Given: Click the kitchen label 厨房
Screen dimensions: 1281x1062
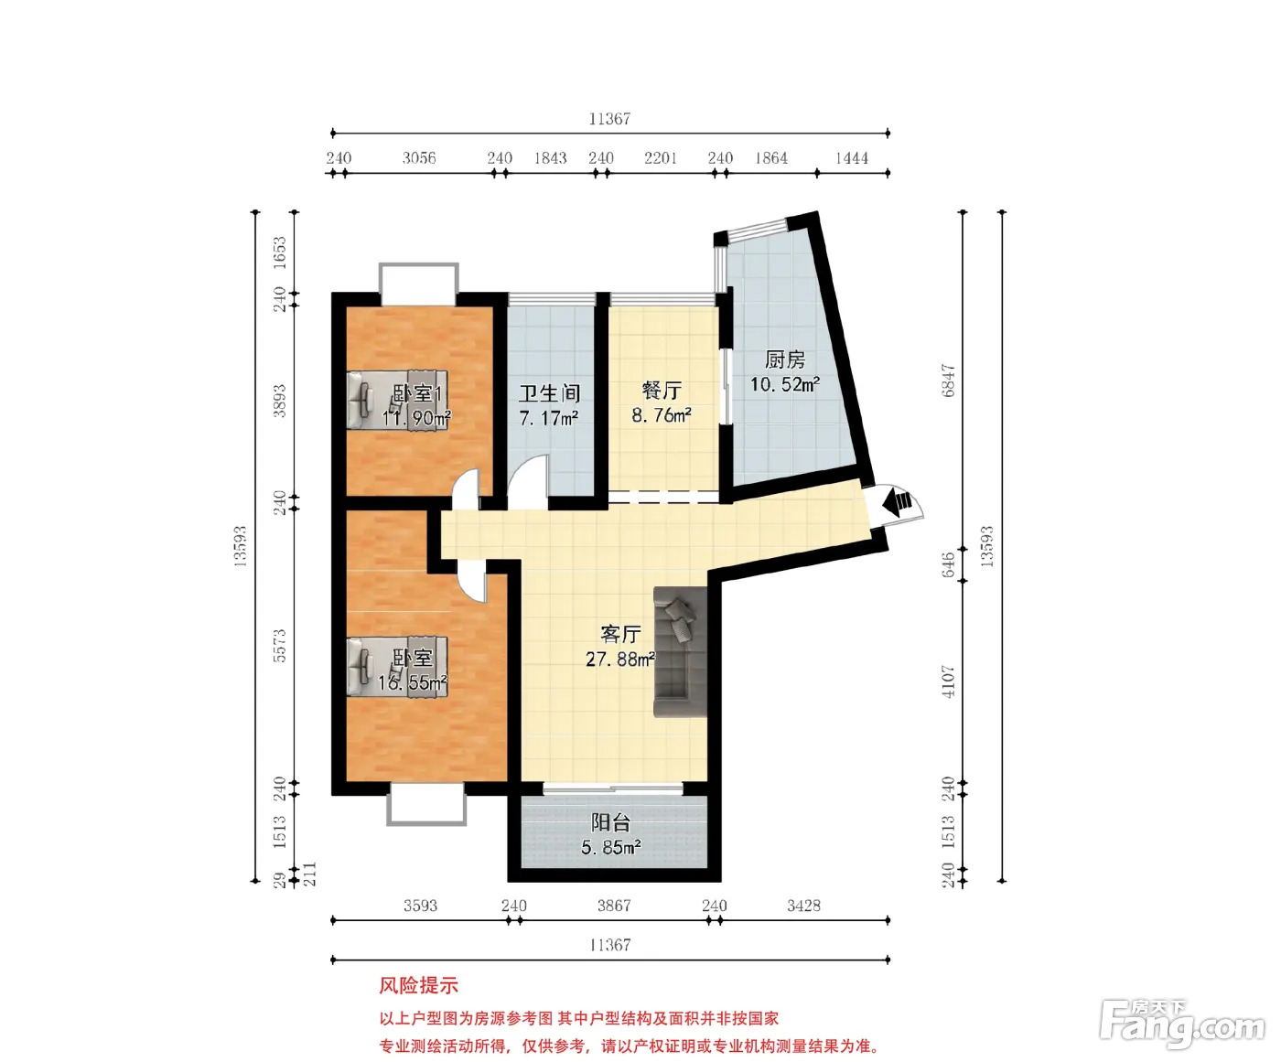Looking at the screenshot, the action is click(785, 359).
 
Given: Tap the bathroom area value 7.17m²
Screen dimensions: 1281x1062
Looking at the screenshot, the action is click(549, 418).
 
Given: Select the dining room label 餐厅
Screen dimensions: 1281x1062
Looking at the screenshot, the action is click(662, 391).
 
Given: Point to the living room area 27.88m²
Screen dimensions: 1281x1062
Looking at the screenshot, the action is click(620, 659).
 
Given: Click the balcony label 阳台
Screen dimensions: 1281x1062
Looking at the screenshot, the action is click(610, 822).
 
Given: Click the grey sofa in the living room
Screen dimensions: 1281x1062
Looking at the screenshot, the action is click(681, 651).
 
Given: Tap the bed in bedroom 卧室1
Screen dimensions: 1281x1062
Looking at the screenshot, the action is click(397, 400).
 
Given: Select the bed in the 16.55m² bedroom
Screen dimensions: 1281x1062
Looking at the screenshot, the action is click(397, 666).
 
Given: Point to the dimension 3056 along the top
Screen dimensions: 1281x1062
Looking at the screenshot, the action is click(419, 157).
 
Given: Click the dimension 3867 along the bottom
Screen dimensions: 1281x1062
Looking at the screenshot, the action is click(614, 905).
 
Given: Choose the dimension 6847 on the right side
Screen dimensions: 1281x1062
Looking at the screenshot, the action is click(948, 381).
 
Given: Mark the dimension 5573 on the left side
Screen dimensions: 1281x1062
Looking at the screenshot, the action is click(279, 646).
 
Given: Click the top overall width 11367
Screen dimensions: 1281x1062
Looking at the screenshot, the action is click(609, 118).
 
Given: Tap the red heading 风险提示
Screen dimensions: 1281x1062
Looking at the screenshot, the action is click(418, 985).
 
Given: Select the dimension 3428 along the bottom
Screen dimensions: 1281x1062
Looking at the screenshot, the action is click(803, 905).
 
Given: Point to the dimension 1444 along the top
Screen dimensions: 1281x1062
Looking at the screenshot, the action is click(852, 157).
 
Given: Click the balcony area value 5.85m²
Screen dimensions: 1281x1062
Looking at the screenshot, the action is click(611, 847).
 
